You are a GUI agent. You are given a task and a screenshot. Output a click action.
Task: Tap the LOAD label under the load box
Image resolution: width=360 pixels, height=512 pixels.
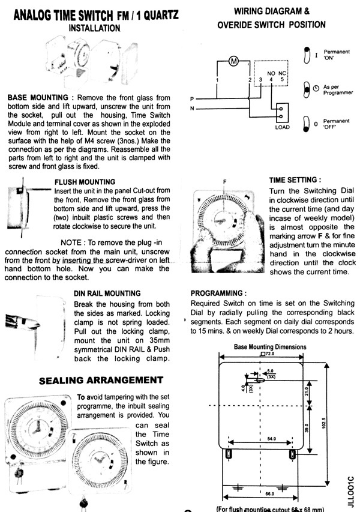pyautogui.click(x=282, y=127)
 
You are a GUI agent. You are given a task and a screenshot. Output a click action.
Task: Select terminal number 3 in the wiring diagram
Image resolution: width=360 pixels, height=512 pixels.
pyautogui.click(x=260, y=79)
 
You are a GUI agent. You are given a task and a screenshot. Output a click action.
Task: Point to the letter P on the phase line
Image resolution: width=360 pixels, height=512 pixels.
pyautogui.click(x=192, y=98)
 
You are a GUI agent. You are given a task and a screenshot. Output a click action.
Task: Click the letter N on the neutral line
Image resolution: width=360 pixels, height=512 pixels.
pyautogui.click(x=192, y=108)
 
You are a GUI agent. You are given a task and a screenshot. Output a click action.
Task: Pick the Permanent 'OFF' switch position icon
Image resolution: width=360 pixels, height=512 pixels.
pyautogui.click(x=307, y=124)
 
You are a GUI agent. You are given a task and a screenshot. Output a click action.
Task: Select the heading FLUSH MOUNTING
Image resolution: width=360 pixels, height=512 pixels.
pyautogui.click(x=85, y=181)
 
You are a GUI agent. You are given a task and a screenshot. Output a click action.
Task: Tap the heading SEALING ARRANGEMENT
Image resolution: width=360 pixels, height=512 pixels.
pyautogui.click(x=101, y=380)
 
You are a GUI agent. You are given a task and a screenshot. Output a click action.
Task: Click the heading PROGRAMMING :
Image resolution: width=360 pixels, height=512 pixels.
pyautogui.click(x=215, y=293)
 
